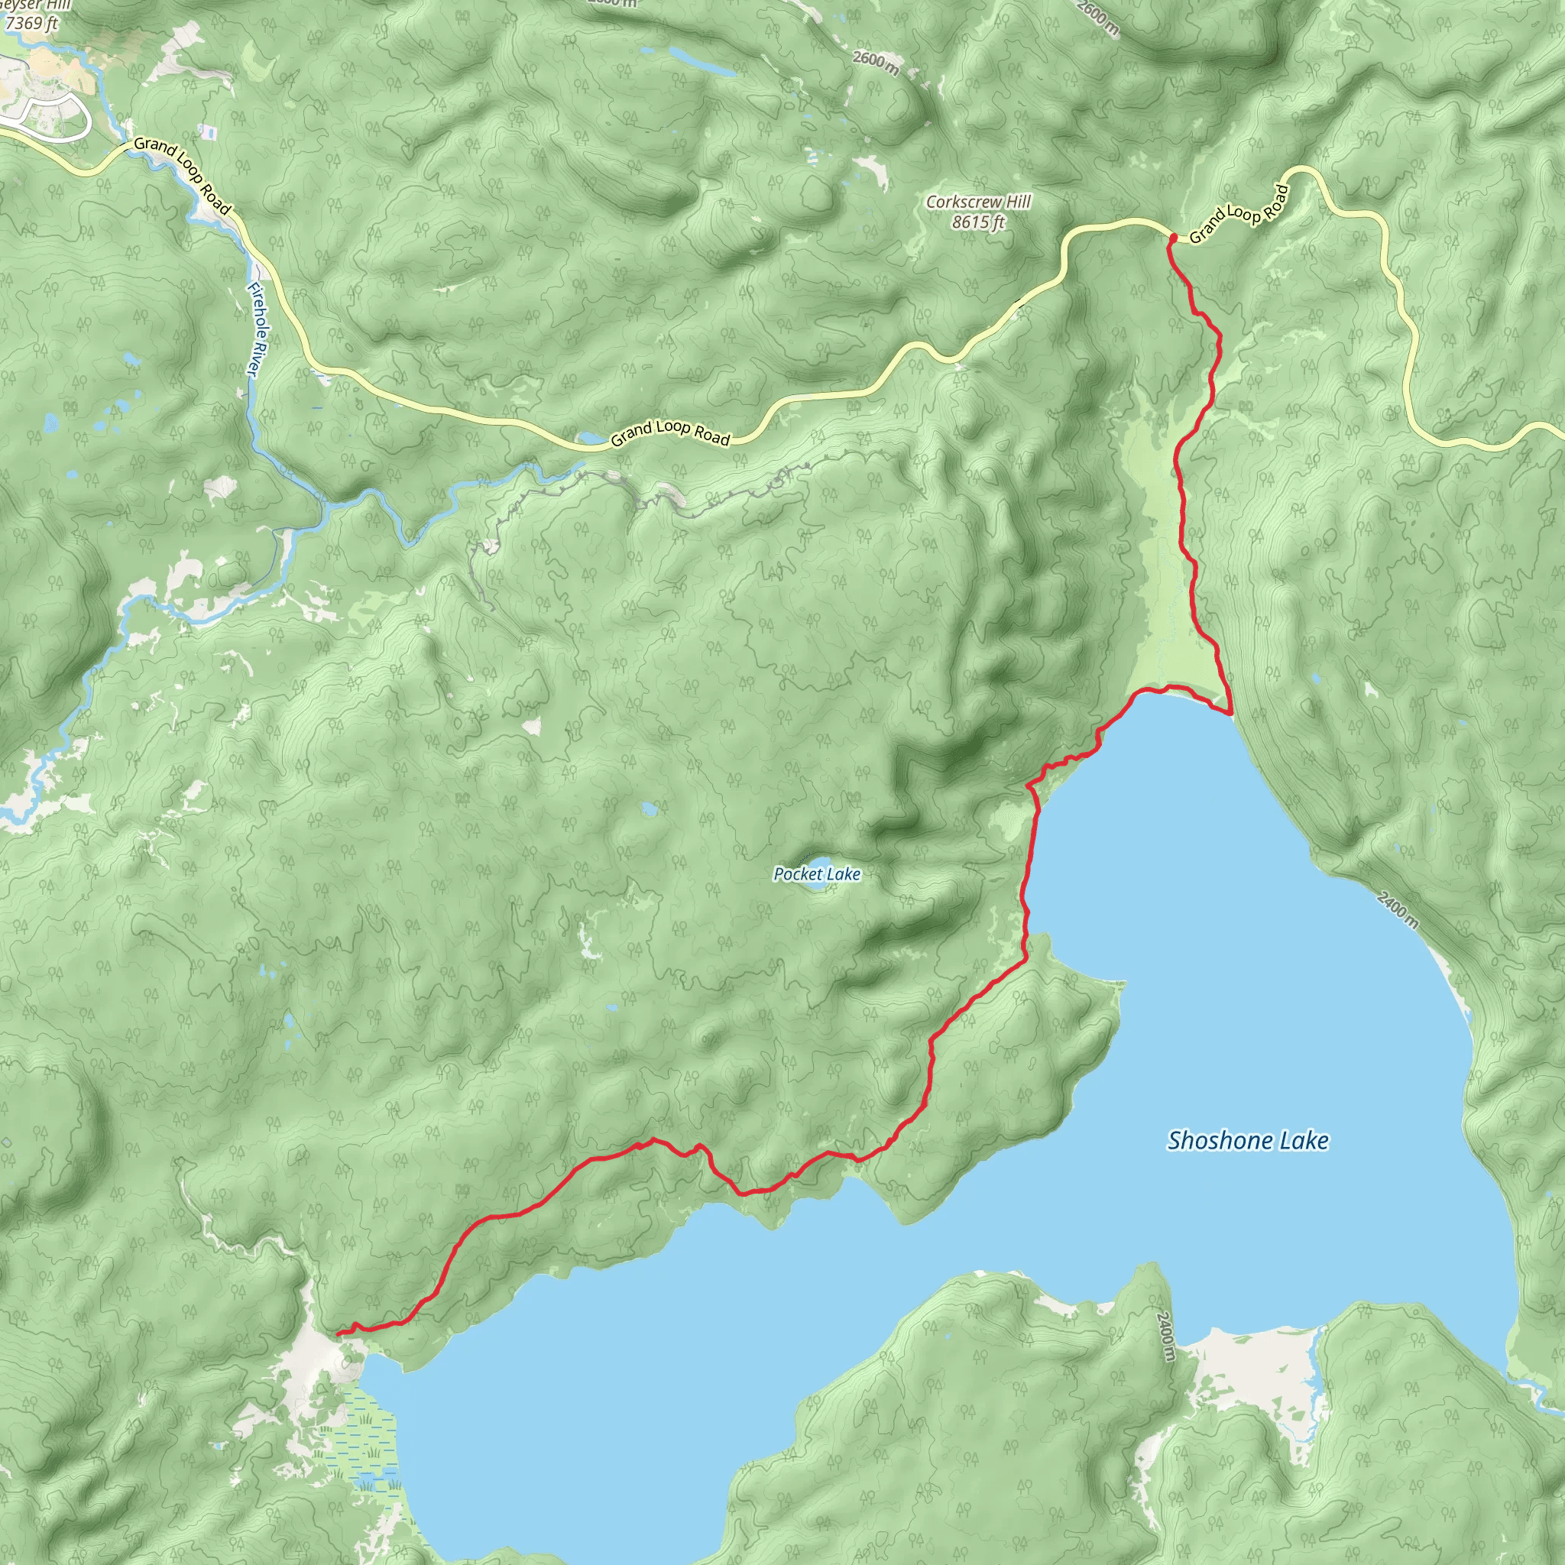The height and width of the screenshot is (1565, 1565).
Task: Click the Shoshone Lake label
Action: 1247,1142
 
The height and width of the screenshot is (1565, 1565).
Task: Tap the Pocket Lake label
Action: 817,874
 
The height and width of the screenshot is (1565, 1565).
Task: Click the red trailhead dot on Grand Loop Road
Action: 1172,237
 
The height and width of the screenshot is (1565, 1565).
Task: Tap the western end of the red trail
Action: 339,1333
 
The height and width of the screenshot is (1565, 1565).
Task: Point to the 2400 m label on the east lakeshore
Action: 1398,909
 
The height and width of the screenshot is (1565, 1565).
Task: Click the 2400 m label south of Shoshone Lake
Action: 1163,1336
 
